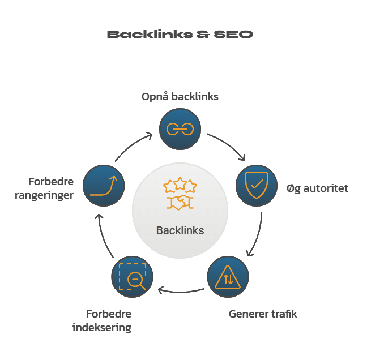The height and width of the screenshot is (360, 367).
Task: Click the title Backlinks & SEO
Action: point(180,35)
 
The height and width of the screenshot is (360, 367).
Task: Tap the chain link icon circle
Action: point(180,130)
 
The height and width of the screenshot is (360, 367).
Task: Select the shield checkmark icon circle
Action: point(256,185)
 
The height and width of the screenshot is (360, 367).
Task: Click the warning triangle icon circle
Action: point(227,277)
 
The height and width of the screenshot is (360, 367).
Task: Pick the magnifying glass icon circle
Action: point(133,277)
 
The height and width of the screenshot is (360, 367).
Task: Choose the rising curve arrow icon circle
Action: point(104,185)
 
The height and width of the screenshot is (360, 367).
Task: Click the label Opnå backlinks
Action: point(180,97)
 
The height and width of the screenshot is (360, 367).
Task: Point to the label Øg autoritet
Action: point(317,188)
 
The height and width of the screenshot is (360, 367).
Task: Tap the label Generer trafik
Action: point(263,314)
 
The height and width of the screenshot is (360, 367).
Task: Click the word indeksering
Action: point(102,328)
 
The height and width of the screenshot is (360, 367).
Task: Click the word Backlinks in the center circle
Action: point(180,230)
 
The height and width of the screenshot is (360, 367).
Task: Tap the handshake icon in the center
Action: point(180,203)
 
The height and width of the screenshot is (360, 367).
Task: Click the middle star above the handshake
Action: point(180,183)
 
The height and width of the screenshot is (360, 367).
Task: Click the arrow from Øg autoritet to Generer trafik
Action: point(255,235)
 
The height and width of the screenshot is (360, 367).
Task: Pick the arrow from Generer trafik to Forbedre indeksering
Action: point(180,291)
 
